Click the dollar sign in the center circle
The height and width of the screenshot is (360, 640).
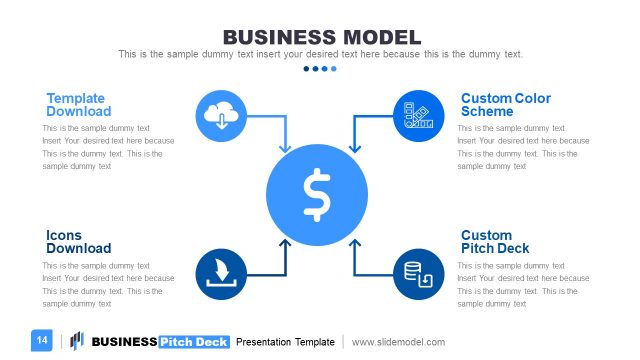pos(317,194)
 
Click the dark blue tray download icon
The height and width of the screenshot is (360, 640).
pos(221,274)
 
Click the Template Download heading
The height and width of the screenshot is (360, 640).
pos(78,105)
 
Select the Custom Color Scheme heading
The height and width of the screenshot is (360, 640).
pos(505,105)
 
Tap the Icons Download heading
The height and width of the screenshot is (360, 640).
pos(78,242)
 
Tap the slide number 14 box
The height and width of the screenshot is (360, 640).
pos(42,341)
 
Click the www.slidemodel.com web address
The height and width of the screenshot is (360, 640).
pos(398,342)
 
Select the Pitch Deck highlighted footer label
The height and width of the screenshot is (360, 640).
pos(193,342)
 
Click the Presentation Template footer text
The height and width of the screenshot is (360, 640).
pos(285,342)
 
